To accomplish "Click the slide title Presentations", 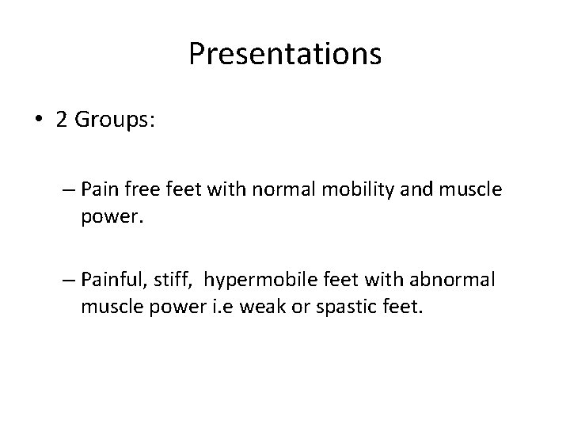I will [x=285, y=54].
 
